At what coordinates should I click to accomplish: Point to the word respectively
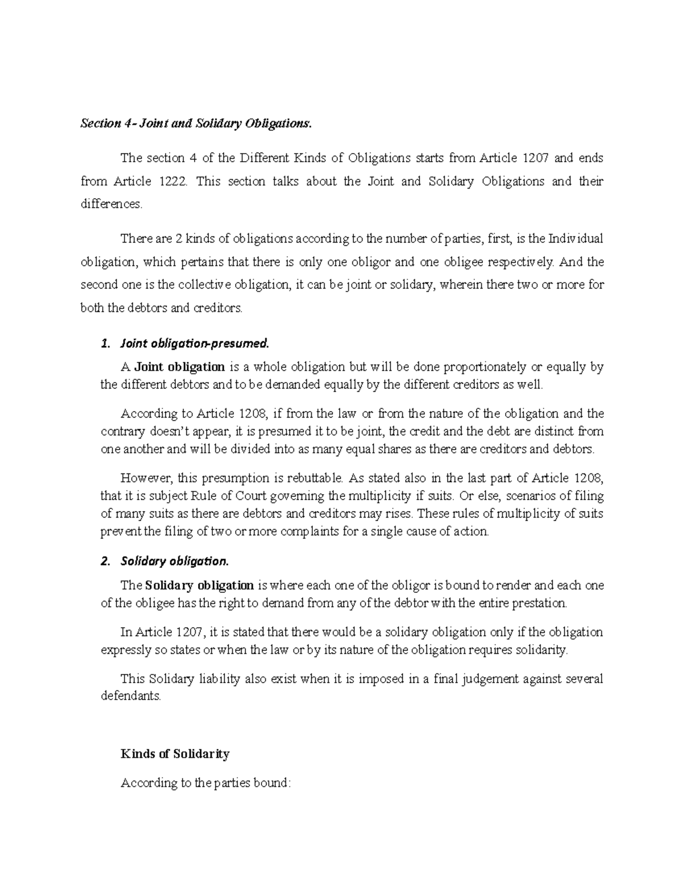point(521,262)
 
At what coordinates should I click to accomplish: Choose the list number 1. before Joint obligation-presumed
point(104,344)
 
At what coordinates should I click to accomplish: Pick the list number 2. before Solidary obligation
point(104,561)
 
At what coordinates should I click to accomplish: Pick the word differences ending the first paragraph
point(111,204)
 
